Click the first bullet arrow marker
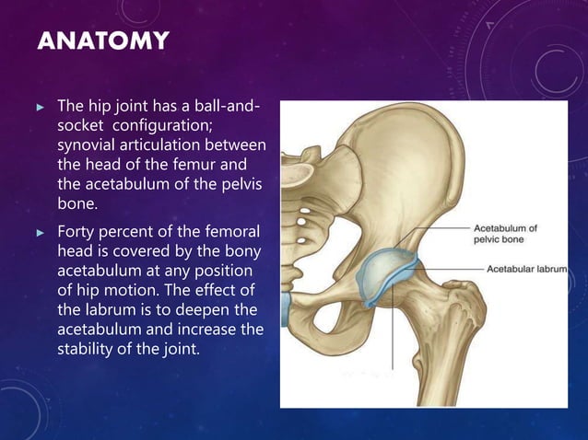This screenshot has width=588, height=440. click(41, 108)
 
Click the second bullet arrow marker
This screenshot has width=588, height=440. click(41, 230)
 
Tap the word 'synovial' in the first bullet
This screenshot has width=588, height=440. click(86, 145)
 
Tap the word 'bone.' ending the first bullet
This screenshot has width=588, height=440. click(76, 203)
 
